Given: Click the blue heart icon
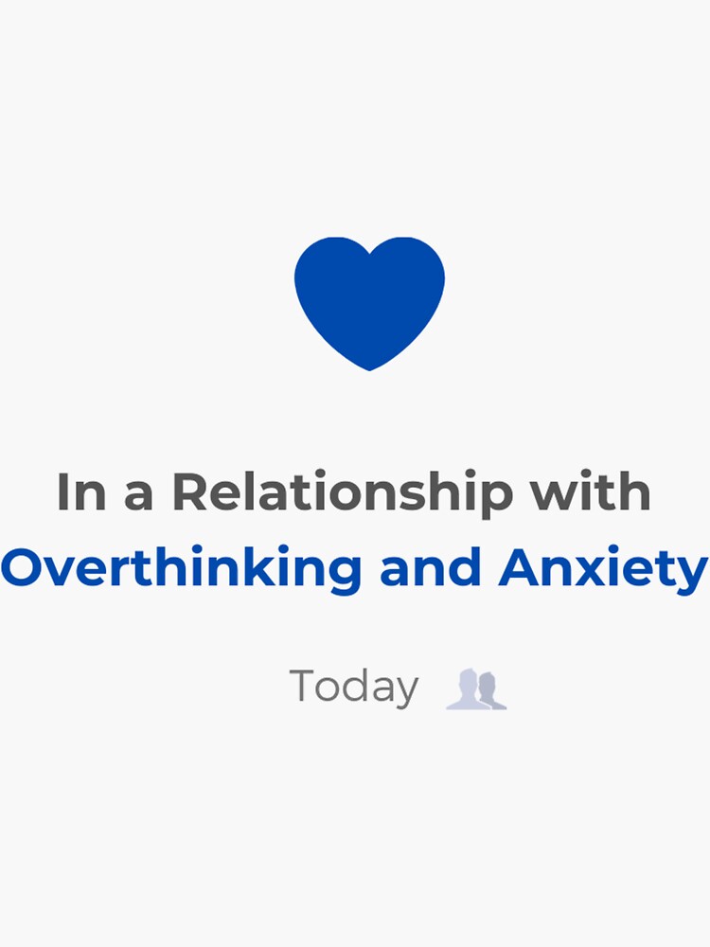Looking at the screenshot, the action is (x=369, y=303).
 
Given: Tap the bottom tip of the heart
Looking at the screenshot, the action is (x=369, y=370).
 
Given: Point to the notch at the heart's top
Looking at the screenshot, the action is (x=369, y=254).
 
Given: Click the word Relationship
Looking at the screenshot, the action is (x=342, y=493).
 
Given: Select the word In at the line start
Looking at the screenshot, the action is (x=81, y=491).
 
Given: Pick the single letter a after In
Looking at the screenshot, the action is (x=138, y=497).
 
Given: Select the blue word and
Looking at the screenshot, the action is (x=431, y=566).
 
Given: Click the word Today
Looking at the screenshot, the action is (x=354, y=688).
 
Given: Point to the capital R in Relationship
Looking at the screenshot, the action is (x=191, y=491).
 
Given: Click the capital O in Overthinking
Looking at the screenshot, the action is (x=25, y=566).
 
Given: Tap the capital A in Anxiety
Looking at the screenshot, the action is (x=521, y=566).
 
